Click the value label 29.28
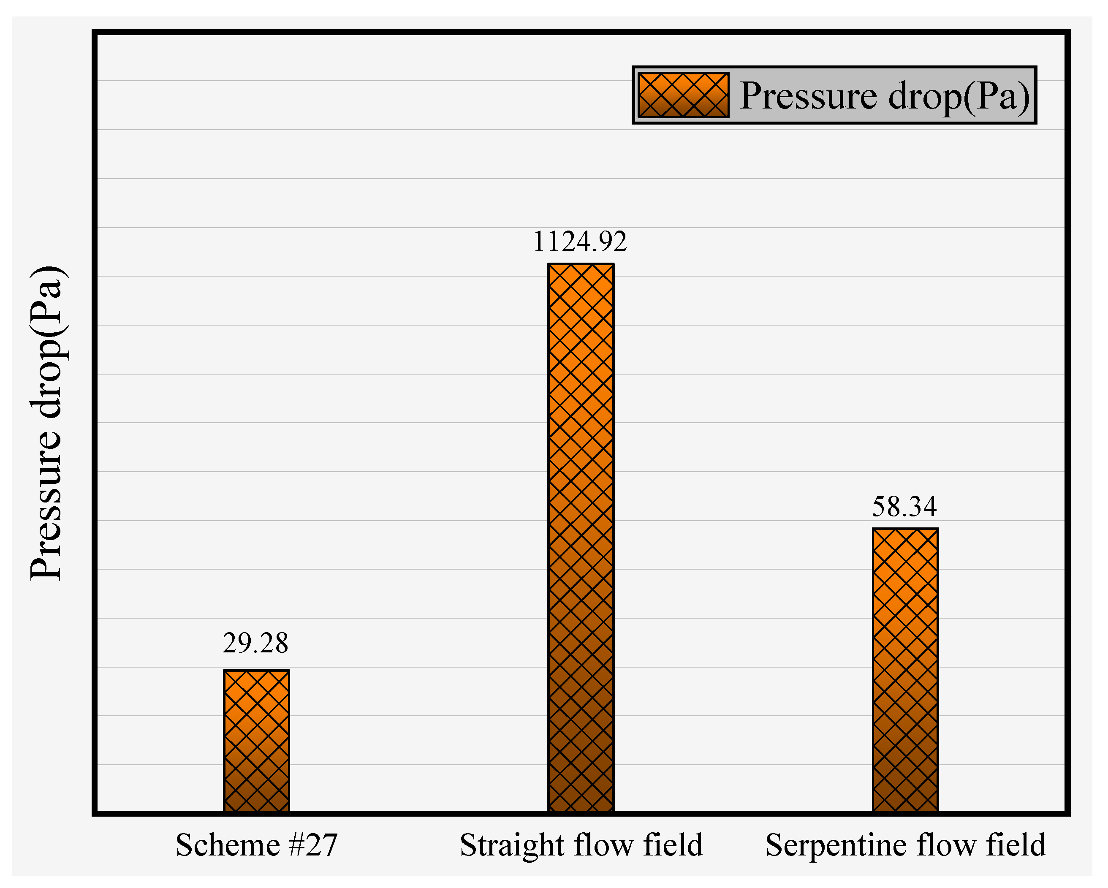255,643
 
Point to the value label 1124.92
580,242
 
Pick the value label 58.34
904,507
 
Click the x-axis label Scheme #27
256,845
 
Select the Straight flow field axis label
581,845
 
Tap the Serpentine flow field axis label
905,845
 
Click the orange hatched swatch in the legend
683,95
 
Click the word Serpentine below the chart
836,846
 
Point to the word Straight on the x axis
512,846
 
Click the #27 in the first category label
313,845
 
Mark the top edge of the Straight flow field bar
581,265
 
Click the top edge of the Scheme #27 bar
256,671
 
